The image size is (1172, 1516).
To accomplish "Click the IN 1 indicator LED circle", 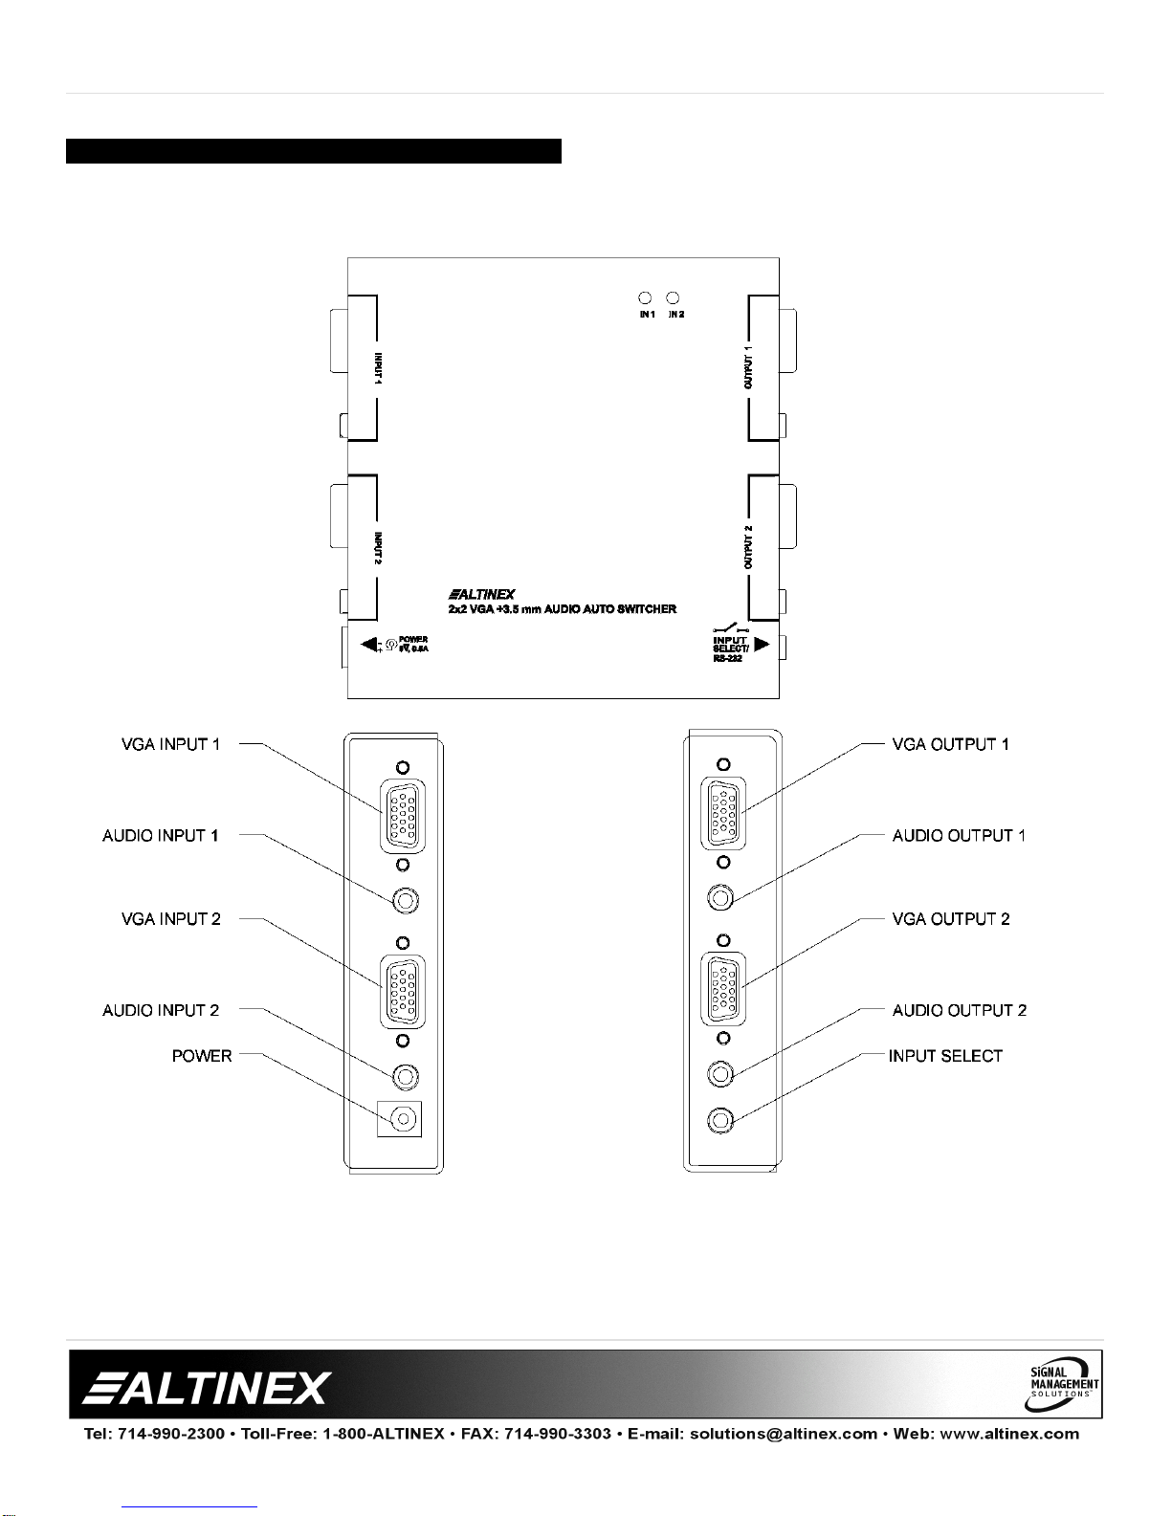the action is pyautogui.click(x=645, y=298).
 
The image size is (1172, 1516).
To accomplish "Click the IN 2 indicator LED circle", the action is pyautogui.click(x=673, y=298).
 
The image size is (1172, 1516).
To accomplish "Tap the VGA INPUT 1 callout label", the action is pyautogui.click(x=170, y=744).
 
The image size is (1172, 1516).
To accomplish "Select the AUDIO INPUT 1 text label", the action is pyautogui.click(x=161, y=836).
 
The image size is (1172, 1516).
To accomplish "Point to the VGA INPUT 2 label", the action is pyautogui.click(x=170, y=919).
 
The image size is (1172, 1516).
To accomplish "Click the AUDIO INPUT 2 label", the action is pyautogui.click(x=161, y=1011).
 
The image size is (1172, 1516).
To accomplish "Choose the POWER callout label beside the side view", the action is pyautogui.click(x=202, y=1056).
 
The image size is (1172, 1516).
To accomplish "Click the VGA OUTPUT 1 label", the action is pyautogui.click(x=950, y=744).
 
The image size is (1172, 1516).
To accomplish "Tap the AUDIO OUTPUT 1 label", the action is pyautogui.click(x=959, y=836).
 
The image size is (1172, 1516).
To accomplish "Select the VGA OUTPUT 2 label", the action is pyautogui.click(x=951, y=919).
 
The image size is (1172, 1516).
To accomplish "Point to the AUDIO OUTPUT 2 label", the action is pyautogui.click(x=960, y=1011).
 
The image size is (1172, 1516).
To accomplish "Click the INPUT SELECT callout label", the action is pyautogui.click(x=945, y=1056).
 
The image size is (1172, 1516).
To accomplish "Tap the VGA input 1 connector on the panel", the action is pyautogui.click(x=404, y=816).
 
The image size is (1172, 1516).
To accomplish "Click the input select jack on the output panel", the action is pyautogui.click(x=720, y=1119).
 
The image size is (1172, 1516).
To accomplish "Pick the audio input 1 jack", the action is pyautogui.click(x=406, y=901).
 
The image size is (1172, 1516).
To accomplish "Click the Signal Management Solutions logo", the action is pyautogui.click(x=1064, y=1383).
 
